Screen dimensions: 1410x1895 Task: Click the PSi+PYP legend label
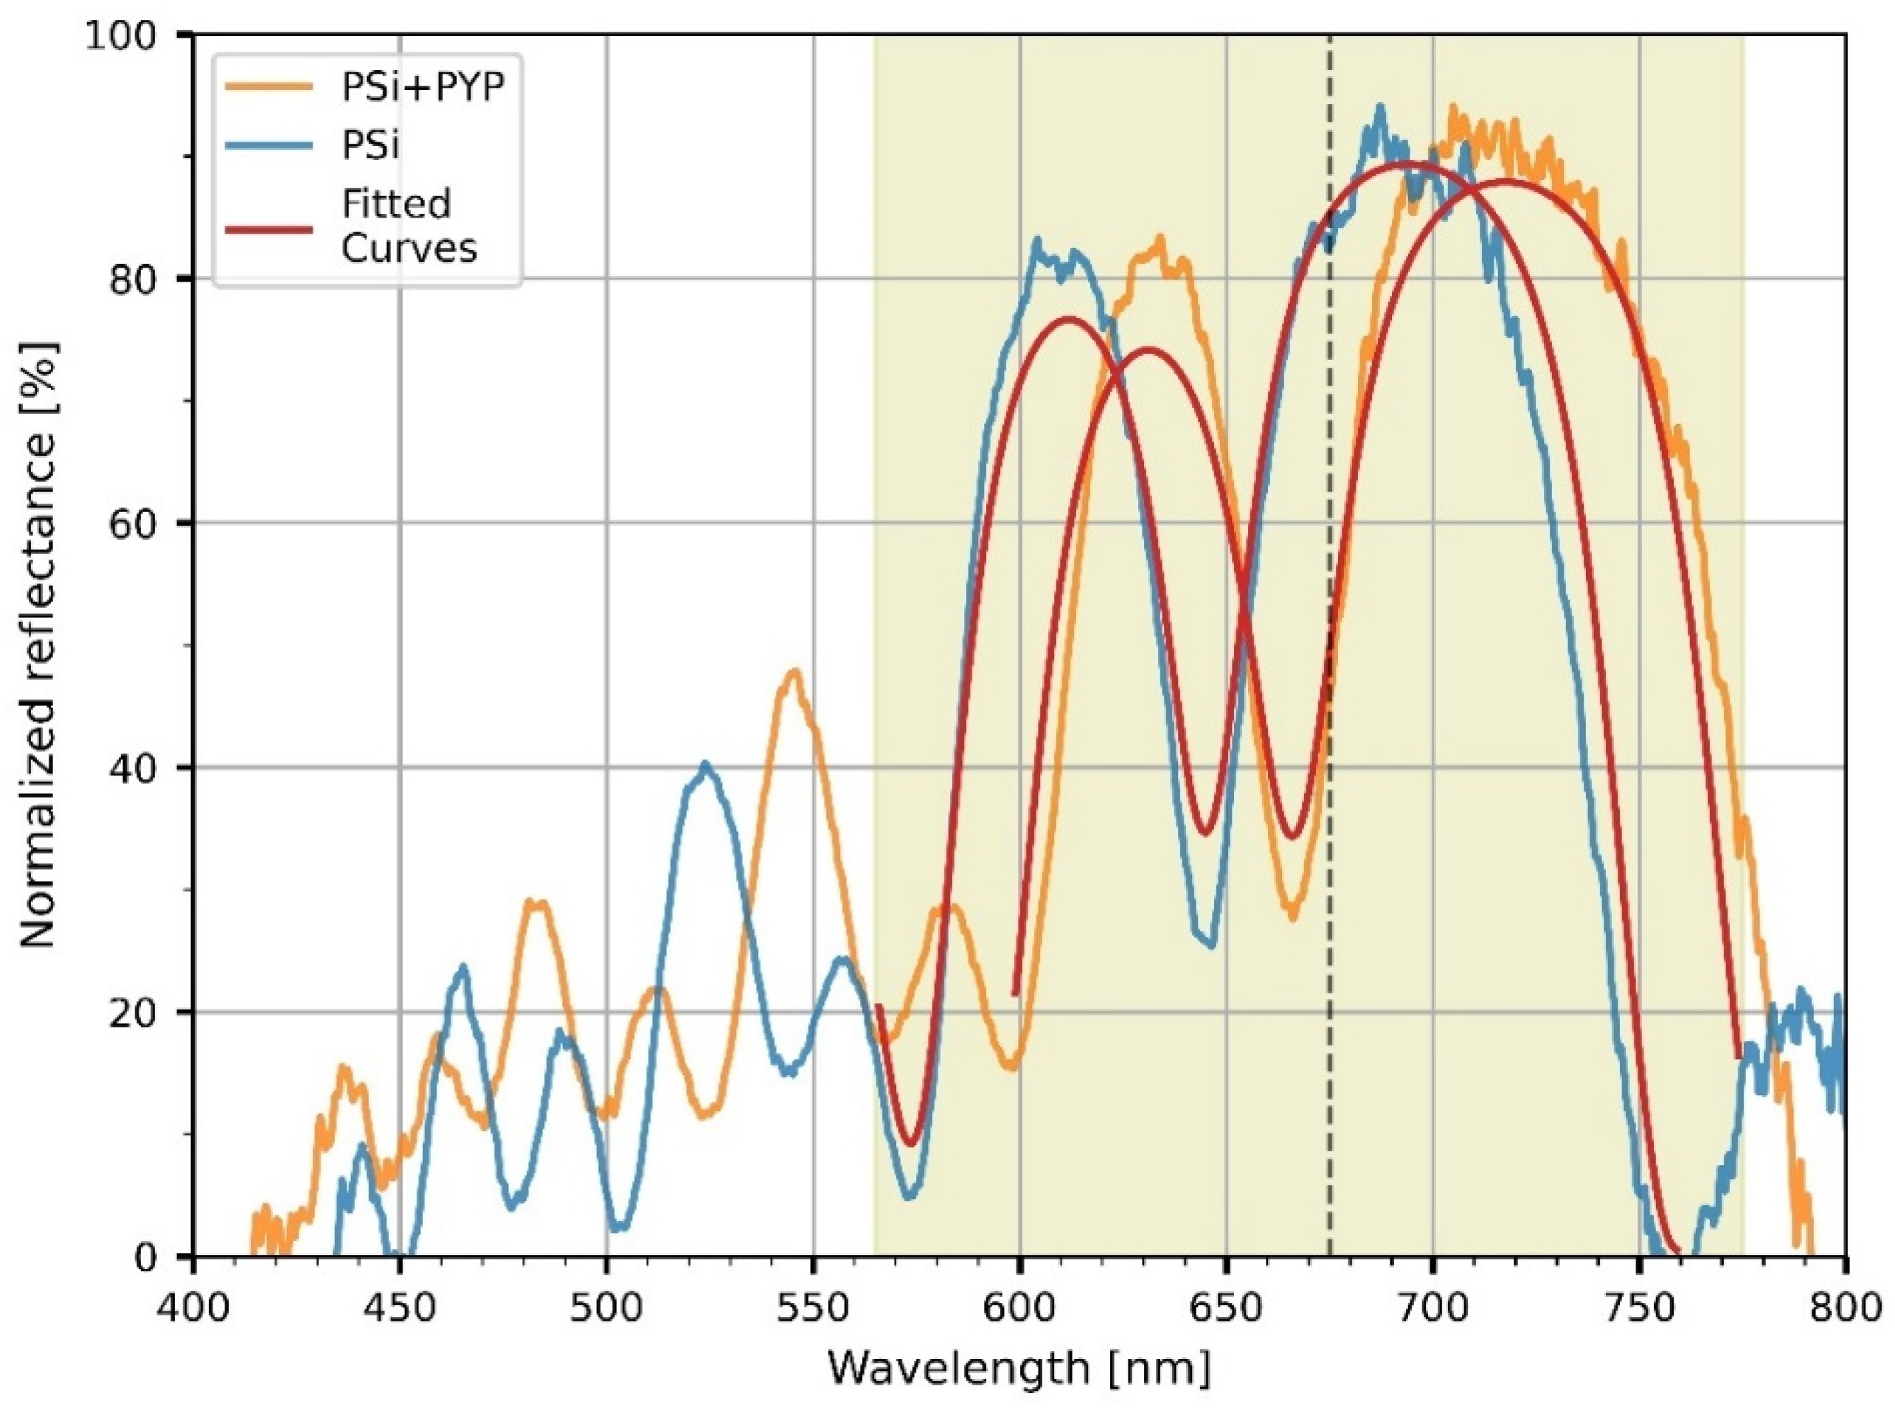pyautogui.click(x=423, y=88)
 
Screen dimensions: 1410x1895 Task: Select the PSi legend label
pyautogui.click(x=370, y=146)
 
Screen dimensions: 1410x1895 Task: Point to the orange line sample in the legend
pyautogui.click(x=268, y=86)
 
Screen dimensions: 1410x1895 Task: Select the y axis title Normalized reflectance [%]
pyautogui.click(x=38, y=645)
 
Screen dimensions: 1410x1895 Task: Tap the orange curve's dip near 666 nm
pyautogui.click(x=1292, y=917)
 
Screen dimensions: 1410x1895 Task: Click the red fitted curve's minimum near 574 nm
pyautogui.click(x=912, y=1144)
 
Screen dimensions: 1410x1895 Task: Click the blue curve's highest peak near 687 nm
pyautogui.click(x=1379, y=108)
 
